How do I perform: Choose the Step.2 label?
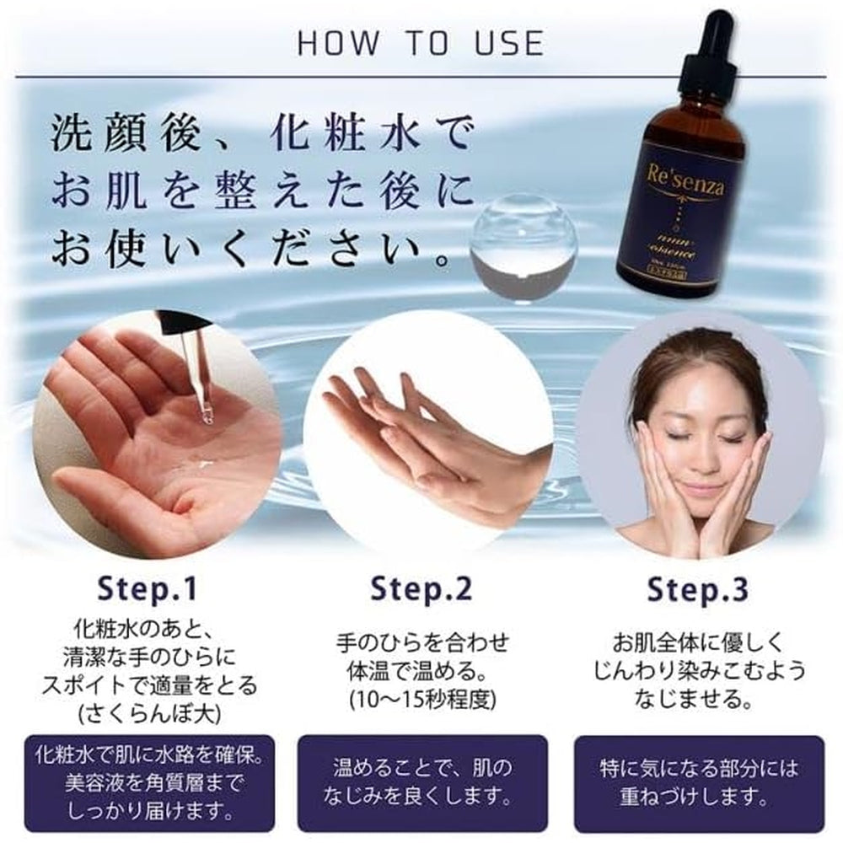point(421,590)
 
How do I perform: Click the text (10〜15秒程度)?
point(421,700)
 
